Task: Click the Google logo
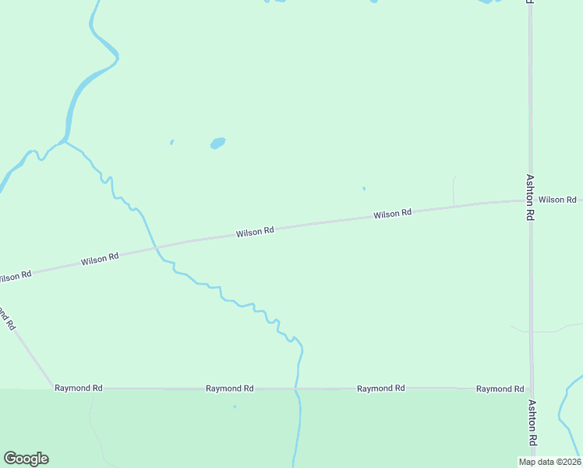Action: [x=26, y=459]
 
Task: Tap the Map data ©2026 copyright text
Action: [x=549, y=462]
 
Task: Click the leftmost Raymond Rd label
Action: [x=79, y=388]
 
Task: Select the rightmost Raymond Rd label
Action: [x=500, y=388]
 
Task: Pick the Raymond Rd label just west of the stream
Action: [x=230, y=388]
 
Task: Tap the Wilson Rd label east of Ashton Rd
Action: [x=557, y=200]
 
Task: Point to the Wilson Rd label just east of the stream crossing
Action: [x=256, y=232]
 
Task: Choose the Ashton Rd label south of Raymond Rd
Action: [x=532, y=423]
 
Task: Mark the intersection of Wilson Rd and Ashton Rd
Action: [x=531, y=200]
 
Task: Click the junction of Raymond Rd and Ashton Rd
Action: [x=532, y=388]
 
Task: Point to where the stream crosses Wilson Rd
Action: [x=156, y=248]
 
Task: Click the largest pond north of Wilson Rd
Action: [x=217, y=144]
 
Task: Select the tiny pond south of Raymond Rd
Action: [x=234, y=406]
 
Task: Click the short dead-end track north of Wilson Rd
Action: [x=454, y=190]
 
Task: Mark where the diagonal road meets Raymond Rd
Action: [x=51, y=388]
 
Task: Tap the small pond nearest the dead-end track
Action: [x=363, y=188]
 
